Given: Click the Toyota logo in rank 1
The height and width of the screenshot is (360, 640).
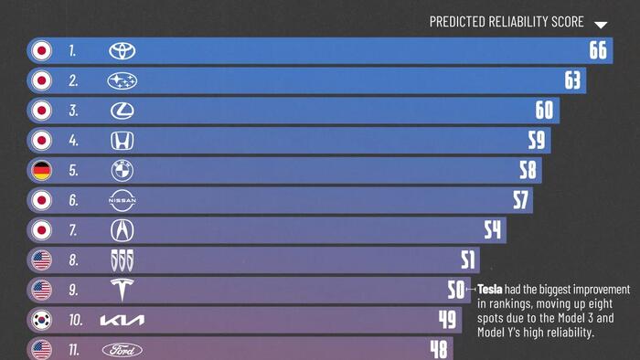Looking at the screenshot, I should tap(122, 51).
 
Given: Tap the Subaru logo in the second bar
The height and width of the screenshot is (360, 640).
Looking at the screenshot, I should tap(122, 81).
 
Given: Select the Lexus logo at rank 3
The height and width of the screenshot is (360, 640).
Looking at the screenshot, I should tap(122, 111).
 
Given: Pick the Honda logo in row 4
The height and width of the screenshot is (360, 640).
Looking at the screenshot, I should tap(122, 141).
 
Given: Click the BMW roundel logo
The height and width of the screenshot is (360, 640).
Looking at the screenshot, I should tap(122, 171).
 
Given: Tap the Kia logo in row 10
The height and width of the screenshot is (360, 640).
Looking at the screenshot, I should tap(122, 321).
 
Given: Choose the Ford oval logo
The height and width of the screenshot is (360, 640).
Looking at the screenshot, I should tap(122, 350).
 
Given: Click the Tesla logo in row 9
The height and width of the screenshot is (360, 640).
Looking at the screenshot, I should tap(122, 291).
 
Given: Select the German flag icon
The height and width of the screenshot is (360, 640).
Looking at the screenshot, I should tap(41, 171).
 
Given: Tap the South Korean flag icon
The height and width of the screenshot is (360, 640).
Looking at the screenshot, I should tap(41, 321).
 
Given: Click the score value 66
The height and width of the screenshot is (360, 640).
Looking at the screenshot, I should tap(598, 50).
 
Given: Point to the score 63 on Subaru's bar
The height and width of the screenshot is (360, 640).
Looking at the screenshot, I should tap(572, 80).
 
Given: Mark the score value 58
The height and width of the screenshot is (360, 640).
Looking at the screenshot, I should tap(528, 171).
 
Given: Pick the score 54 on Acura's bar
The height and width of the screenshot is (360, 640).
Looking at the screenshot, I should tap(493, 230).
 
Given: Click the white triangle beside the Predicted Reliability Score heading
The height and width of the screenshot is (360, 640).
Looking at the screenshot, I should tap(601, 25).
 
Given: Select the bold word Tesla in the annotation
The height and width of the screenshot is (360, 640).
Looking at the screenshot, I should tap(491, 289).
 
